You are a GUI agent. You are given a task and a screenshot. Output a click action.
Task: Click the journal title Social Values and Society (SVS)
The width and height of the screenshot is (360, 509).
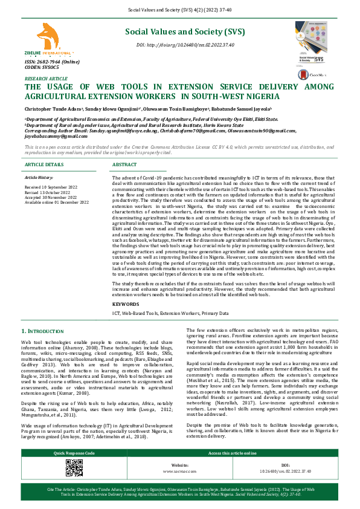click(x=185, y=31)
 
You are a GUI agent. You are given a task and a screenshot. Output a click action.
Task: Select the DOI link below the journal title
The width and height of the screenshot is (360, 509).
click(x=185, y=45)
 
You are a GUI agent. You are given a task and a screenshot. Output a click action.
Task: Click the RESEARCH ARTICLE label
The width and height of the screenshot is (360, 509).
click(x=46, y=79)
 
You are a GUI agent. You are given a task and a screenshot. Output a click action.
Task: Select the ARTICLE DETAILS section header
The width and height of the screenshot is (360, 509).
click(x=43, y=164)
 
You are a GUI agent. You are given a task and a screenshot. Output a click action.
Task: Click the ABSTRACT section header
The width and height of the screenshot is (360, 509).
click(x=124, y=164)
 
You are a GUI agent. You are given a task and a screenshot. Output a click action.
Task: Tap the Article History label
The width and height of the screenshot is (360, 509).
click(x=39, y=178)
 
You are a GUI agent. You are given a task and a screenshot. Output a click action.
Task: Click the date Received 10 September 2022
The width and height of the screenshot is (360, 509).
click(x=50, y=188)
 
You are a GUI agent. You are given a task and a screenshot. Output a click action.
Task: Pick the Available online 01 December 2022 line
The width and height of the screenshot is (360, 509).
click(x=56, y=201)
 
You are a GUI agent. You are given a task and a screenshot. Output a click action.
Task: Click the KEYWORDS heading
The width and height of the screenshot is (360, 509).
click(x=126, y=304)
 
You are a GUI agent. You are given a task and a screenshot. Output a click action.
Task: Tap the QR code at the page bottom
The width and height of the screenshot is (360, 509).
click(x=74, y=468)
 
